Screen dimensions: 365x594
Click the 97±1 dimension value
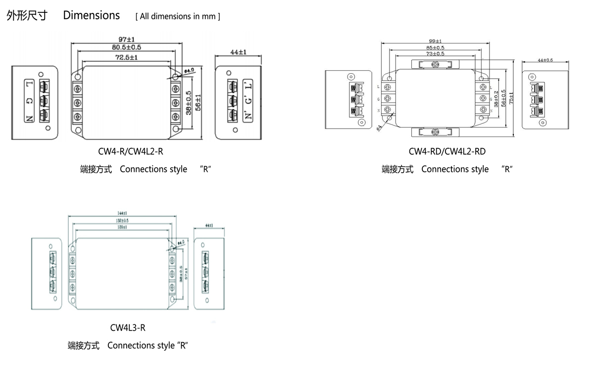(x=127, y=39)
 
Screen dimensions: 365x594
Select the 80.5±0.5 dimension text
(x=127, y=47)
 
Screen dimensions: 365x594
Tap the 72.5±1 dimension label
(x=127, y=57)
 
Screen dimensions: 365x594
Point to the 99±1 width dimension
(x=435, y=42)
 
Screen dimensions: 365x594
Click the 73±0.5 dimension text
(x=435, y=53)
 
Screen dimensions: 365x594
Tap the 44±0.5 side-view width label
(x=545, y=60)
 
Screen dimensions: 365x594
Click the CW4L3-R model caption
(x=128, y=327)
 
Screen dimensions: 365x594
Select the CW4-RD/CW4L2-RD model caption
(x=447, y=151)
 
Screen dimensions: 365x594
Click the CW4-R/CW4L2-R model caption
(x=131, y=151)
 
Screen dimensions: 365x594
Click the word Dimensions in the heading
(x=92, y=15)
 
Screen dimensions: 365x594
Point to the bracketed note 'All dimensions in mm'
(x=178, y=16)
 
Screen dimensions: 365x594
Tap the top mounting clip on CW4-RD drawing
(x=435, y=64)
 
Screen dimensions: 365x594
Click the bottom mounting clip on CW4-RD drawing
(x=435, y=131)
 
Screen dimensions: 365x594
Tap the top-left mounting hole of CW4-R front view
(x=78, y=77)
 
